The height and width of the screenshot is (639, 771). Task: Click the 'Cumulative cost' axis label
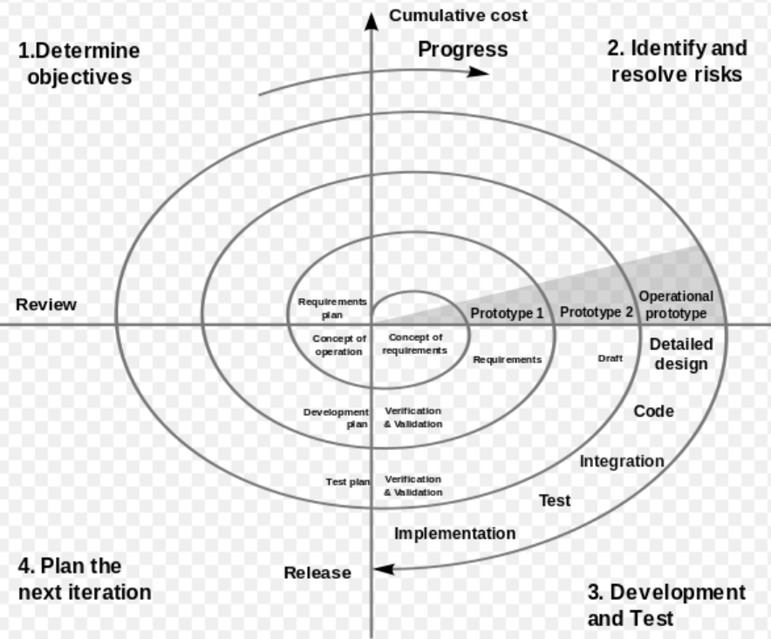click(x=458, y=15)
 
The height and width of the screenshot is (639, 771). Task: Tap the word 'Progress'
click(x=463, y=51)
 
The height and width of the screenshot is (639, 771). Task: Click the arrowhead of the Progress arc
click(x=477, y=72)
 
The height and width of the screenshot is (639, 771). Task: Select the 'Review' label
click(x=46, y=304)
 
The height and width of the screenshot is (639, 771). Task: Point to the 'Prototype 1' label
click(x=507, y=313)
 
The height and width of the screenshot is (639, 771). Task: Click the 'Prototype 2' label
click(x=597, y=312)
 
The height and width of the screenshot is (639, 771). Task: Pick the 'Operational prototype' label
click(x=676, y=305)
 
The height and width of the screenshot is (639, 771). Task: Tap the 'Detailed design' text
click(x=681, y=354)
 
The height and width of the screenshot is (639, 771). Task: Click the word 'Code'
click(x=653, y=411)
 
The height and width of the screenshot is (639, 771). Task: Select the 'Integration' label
click(x=622, y=461)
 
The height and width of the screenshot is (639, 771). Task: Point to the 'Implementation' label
click(x=454, y=534)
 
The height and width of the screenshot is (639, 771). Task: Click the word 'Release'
click(x=317, y=573)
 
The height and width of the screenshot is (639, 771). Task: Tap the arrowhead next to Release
click(x=384, y=569)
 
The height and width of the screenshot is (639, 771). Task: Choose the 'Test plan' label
click(x=348, y=482)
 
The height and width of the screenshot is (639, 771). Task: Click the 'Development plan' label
click(x=336, y=418)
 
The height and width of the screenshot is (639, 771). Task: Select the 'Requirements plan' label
click(x=332, y=309)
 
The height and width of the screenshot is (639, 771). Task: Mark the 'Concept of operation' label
click(x=339, y=345)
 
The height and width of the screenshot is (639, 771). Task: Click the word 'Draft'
click(x=611, y=358)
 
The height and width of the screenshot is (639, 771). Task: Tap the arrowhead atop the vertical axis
click(x=372, y=21)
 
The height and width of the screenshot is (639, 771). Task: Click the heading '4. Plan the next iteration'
click(x=85, y=579)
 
